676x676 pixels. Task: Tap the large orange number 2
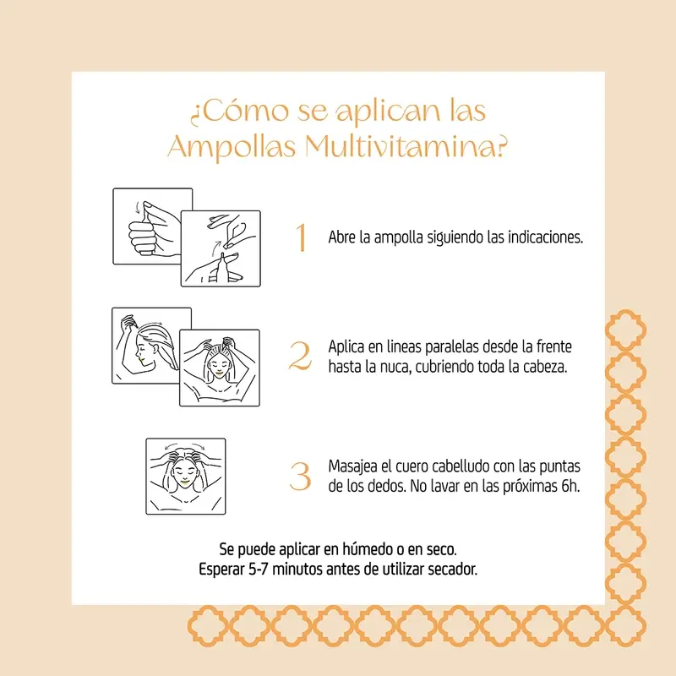tap(300, 357)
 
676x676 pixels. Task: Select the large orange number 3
tap(300, 477)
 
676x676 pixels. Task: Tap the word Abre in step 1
tap(342, 237)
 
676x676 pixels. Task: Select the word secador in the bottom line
tap(453, 569)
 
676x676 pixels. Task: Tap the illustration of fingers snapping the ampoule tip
tap(221, 248)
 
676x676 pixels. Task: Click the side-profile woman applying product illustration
tap(150, 346)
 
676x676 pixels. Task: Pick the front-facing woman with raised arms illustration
tap(219, 368)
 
